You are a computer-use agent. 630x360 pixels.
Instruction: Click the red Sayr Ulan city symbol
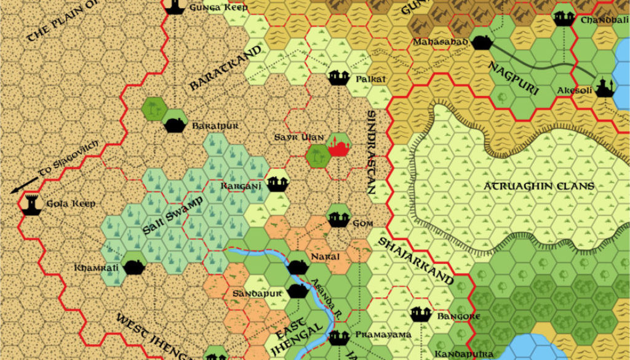338,147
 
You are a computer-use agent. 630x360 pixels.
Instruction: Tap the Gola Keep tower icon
30,204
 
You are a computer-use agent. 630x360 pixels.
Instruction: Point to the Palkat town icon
338,78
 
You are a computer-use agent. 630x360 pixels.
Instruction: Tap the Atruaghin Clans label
538,186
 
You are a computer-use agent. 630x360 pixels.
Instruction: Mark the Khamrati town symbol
134,266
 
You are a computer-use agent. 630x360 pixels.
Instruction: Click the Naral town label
325,256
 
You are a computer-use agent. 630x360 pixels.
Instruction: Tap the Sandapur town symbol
298,290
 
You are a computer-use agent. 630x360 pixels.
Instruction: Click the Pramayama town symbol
338,336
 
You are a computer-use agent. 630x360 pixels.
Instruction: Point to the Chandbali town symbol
564,18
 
